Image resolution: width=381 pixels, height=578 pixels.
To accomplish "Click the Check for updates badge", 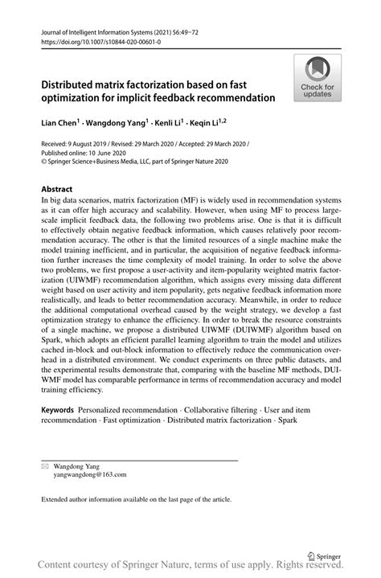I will [318, 78].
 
